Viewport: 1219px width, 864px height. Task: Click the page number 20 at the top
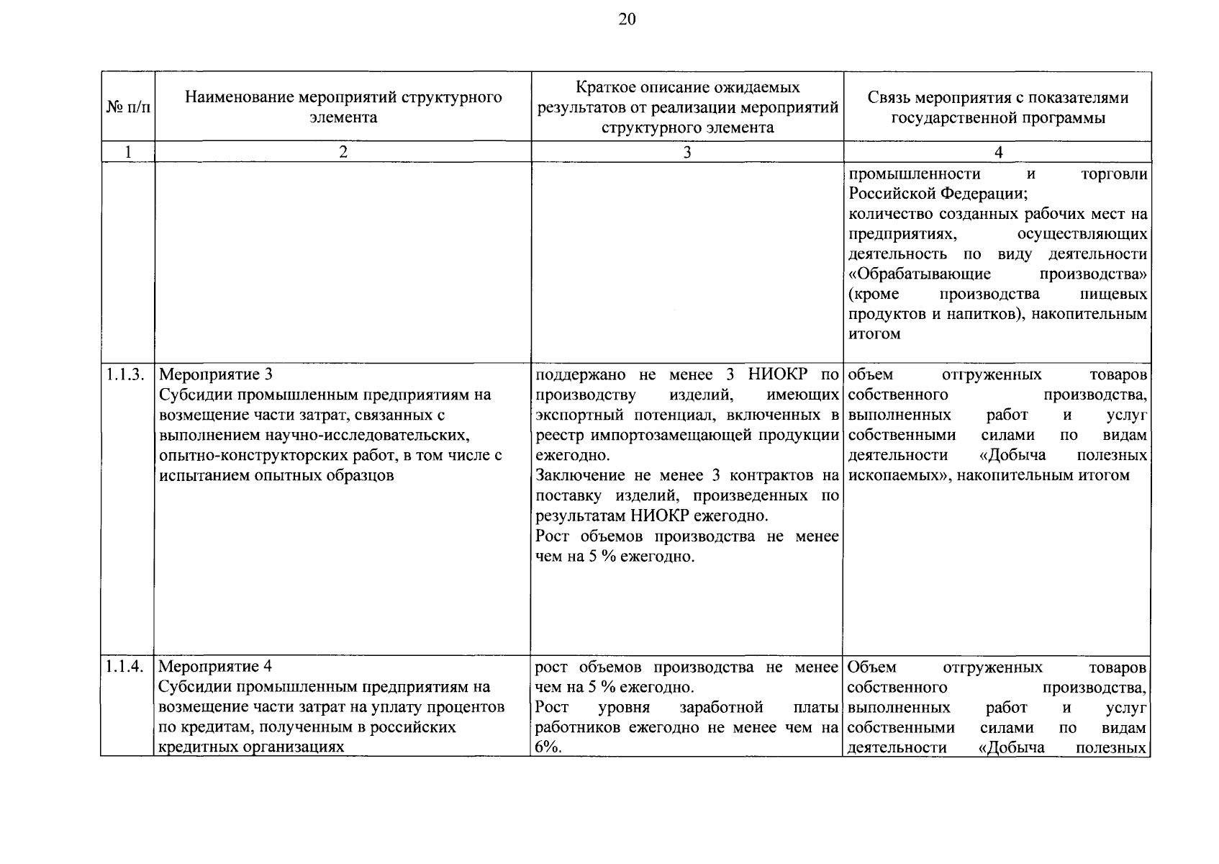coord(627,19)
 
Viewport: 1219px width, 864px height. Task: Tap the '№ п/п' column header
coord(129,107)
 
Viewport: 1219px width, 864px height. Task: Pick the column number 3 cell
coord(687,152)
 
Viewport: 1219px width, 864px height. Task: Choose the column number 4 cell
coord(997,152)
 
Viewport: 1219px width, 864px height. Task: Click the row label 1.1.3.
coord(127,374)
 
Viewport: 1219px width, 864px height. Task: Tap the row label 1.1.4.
coord(127,667)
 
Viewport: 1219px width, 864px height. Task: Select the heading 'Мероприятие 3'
coord(216,374)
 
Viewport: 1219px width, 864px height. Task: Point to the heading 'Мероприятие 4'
coord(216,667)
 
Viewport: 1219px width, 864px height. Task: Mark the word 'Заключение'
coord(579,475)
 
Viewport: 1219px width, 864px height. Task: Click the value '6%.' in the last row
coord(548,747)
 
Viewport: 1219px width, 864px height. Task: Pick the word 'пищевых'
coord(1114,294)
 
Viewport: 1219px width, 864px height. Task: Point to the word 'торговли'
coord(1114,174)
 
